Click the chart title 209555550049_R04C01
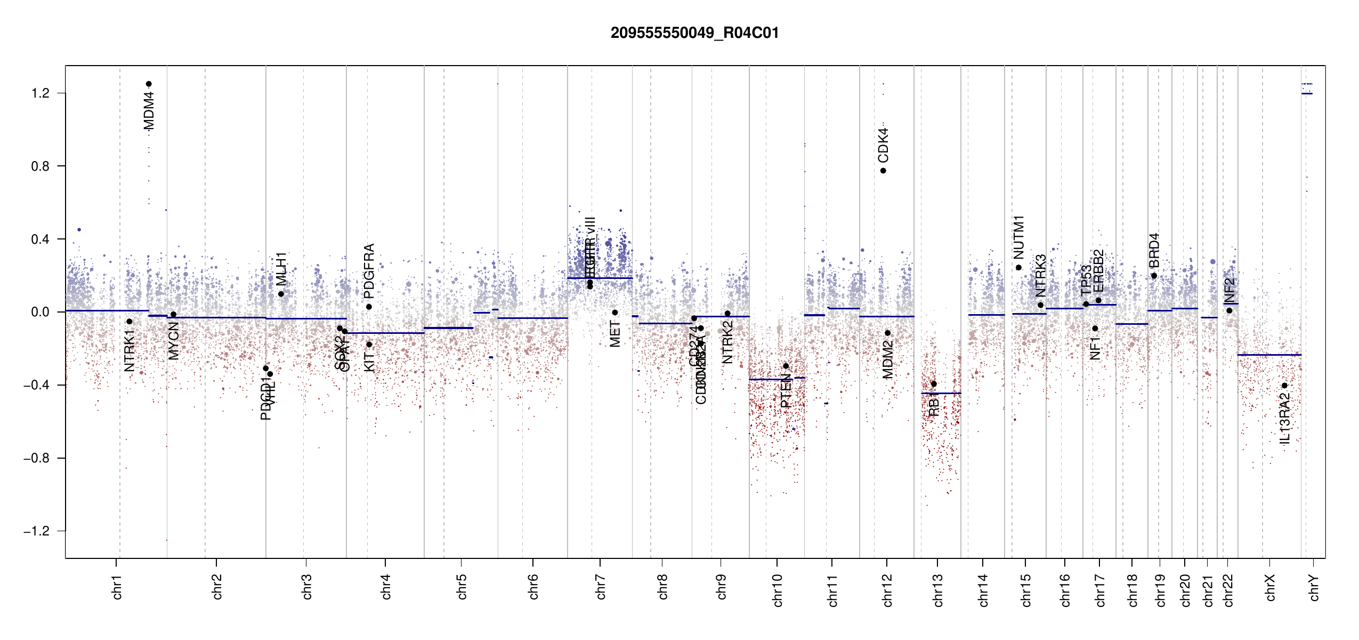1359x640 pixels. [x=694, y=33]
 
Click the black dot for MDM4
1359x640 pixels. [x=149, y=84]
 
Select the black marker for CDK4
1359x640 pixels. [x=883, y=171]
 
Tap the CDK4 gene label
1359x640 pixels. [x=883, y=145]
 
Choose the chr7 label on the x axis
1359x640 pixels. [x=601, y=587]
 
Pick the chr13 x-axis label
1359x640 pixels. [x=937, y=590]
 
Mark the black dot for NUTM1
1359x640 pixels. [x=1018, y=268]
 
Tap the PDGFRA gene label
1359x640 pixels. [x=369, y=271]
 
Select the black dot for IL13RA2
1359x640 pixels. [x=1284, y=386]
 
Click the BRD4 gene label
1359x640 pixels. [x=1154, y=251]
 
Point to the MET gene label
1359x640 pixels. [x=615, y=334]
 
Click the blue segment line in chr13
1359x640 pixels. [x=941, y=394]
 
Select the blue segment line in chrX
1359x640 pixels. [x=1268, y=355]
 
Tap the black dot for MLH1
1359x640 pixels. [x=281, y=294]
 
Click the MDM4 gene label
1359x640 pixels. [x=149, y=111]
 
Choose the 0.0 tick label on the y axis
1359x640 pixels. [x=41, y=312]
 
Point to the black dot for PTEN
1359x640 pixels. [x=786, y=366]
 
